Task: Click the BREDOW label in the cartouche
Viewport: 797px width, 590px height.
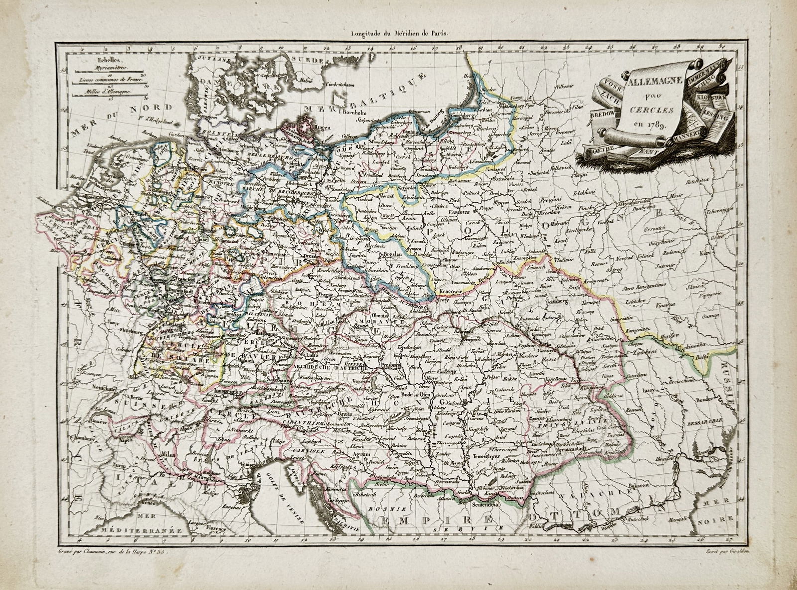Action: pos(603,114)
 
